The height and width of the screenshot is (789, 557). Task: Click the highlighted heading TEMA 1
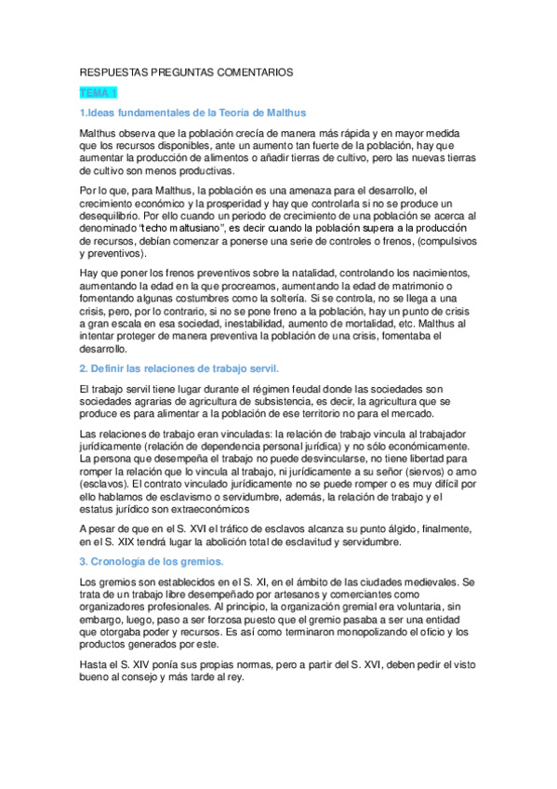98,93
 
